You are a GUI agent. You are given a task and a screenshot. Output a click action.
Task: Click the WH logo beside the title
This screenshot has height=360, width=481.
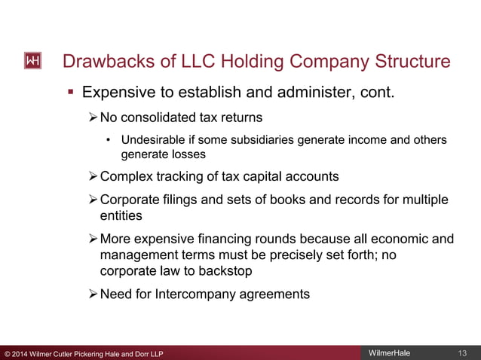point(32,61)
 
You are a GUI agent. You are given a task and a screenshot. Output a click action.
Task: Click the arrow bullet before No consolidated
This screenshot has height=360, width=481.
point(93,117)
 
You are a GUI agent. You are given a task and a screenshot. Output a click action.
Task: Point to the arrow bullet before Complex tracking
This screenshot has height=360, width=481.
point(93,176)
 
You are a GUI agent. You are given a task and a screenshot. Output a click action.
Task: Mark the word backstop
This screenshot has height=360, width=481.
point(237,270)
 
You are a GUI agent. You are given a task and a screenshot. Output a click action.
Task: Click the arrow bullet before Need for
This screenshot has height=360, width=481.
point(93,294)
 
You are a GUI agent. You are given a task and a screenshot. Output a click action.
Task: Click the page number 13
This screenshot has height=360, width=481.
point(463,353)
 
